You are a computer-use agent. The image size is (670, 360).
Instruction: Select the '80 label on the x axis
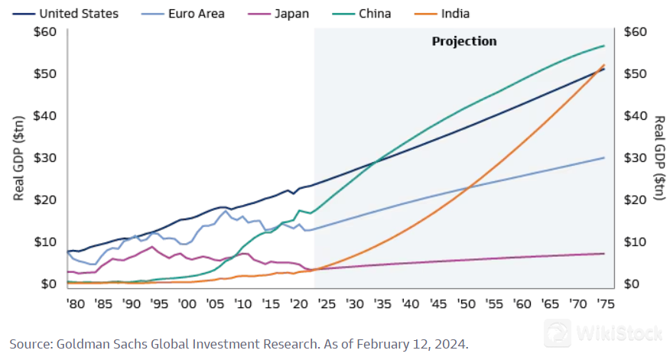pyautogui.click(x=74, y=303)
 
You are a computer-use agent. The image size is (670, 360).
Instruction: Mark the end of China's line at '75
pyautogui.click(x=604, y=46)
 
